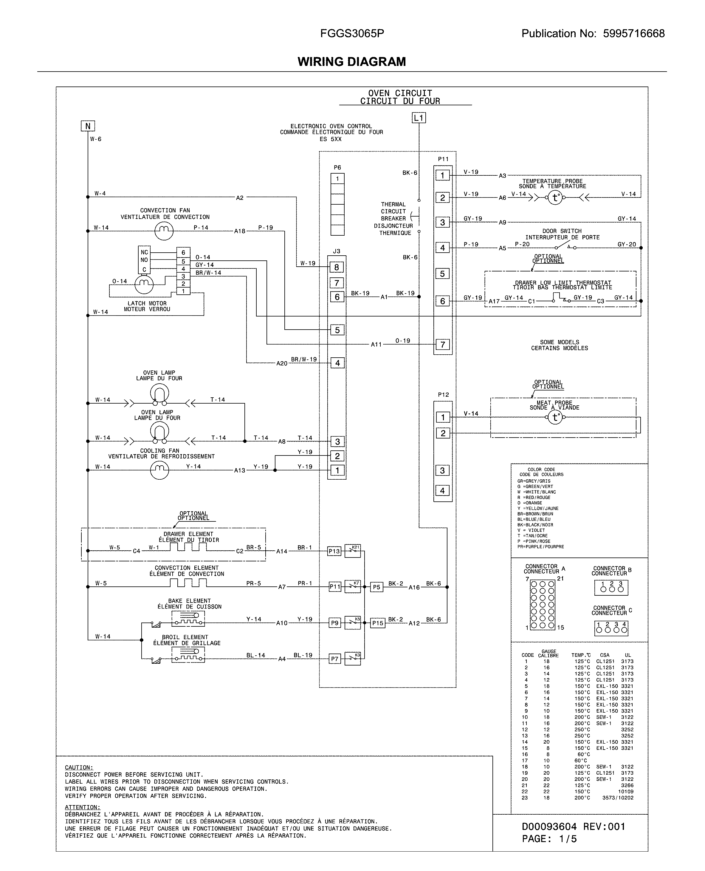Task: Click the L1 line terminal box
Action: tap(419, 118)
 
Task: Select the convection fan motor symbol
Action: tap(164, 231)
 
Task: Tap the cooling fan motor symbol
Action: tap(159, 470)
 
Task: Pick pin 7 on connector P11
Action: tap(443, 345)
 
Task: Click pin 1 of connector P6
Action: tap(337, 179)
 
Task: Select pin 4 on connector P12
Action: tap(443, 490)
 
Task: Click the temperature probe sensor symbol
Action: tap(555, 198)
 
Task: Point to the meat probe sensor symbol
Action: tap(555, 417)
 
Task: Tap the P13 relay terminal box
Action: tap(334, 551)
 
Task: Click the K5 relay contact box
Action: tap(352, 622)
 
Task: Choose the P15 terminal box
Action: tap(378, 623)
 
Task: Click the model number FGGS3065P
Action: tap(352, 33)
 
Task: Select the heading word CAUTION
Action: tap(79, 767)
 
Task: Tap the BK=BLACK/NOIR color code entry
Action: tap(532, 524)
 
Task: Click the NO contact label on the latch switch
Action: tap(144, 260)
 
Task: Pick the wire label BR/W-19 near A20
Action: tap(304, 359)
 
